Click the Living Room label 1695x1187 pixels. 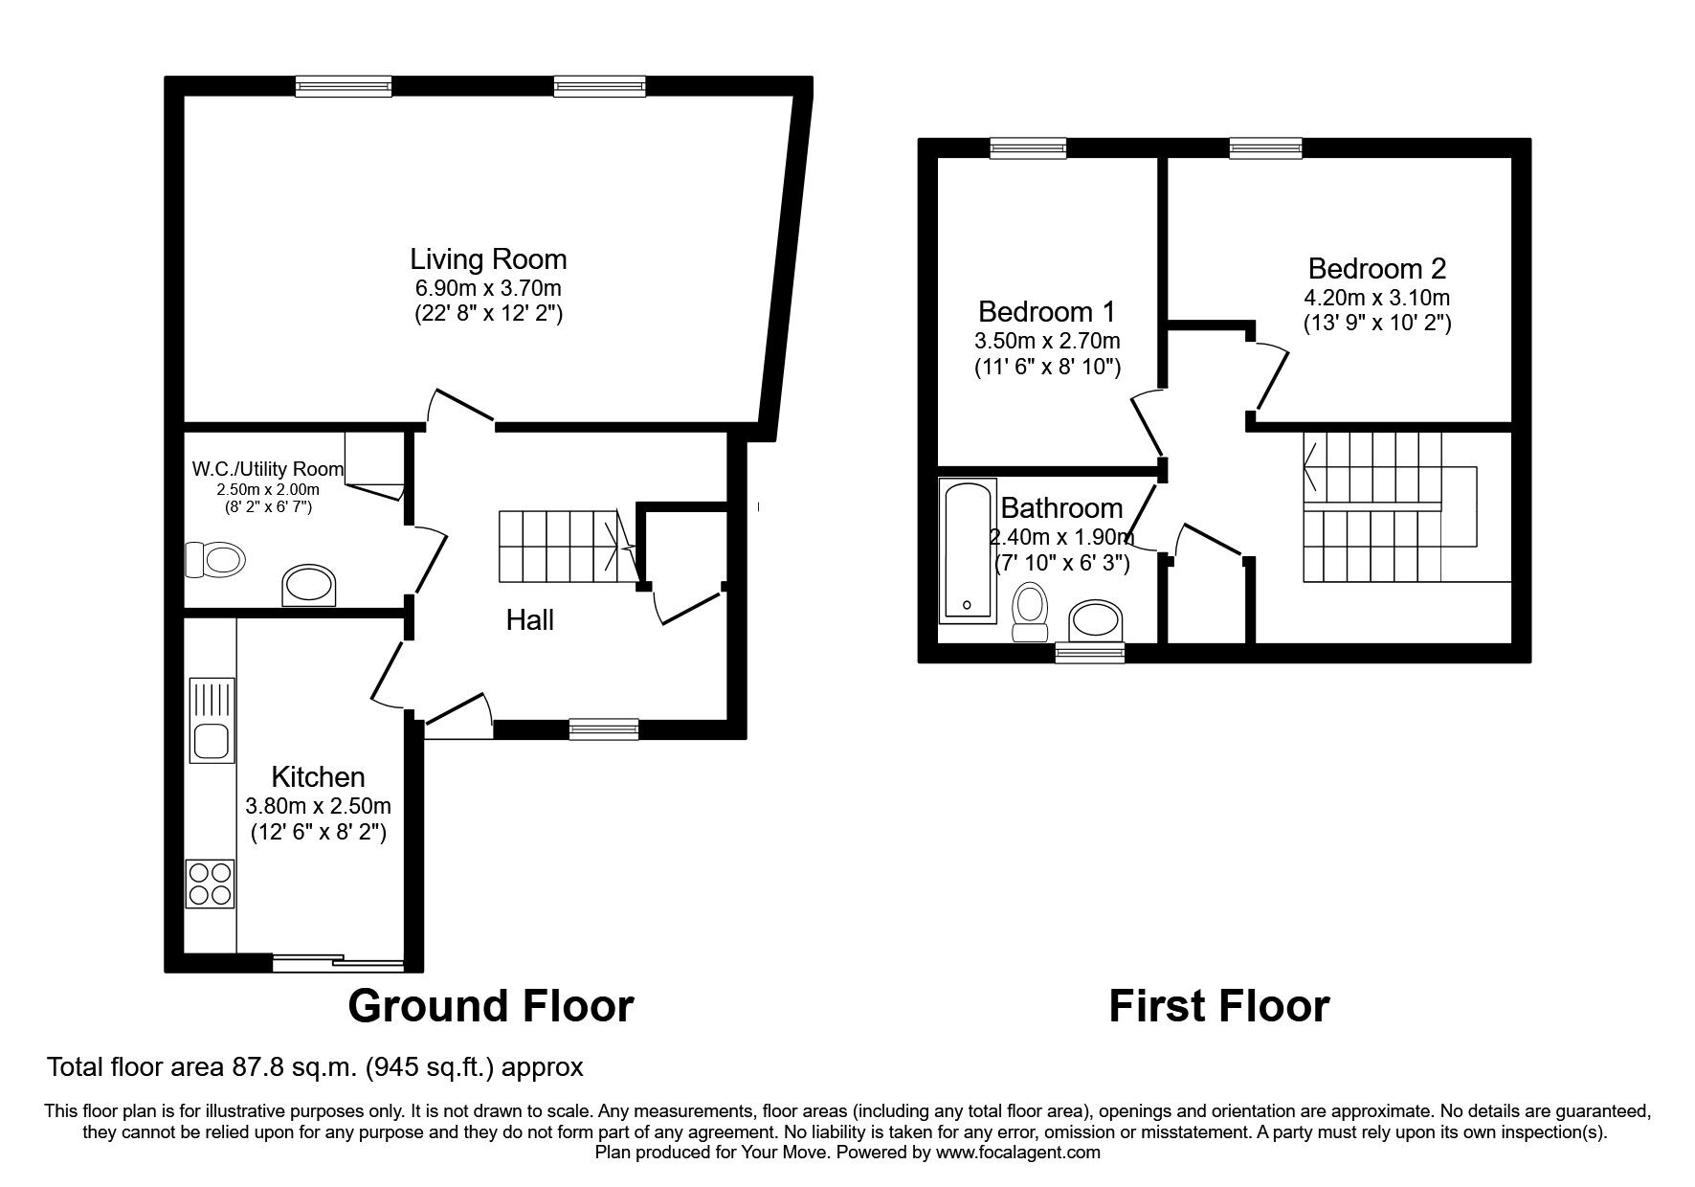[x=488, y=259]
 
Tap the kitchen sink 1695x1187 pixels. [x=212, y=720]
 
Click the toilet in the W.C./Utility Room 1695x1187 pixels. [x=213, y=559]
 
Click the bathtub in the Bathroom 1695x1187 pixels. [x=968, y=549]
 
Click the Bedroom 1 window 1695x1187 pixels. [x=1028, y=147]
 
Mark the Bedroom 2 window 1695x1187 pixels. [x=1265, y=147]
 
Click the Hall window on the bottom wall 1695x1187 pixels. [x=603, y=729]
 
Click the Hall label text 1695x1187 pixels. [x=529, y=620]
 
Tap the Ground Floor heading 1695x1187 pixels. [x=490, y=1006]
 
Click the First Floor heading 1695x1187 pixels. [x=1218, y=1006]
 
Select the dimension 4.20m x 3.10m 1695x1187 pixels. [x=1376, y=298]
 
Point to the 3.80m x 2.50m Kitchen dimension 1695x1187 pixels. [x=318, y=806]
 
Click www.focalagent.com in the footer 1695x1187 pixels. [x=1018, y=1153]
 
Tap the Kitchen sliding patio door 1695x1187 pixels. [x=338, y=963]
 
